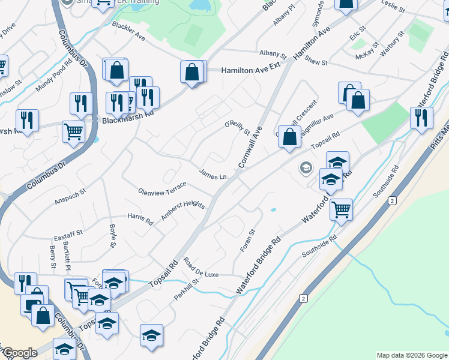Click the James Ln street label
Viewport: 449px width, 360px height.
213,176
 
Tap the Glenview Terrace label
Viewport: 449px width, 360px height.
158,191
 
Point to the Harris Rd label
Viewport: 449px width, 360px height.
140,218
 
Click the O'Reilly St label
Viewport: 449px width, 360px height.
237,127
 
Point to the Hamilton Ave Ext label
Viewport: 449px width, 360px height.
251,70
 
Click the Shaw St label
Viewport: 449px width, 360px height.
316,62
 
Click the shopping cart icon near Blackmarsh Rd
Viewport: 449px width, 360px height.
73,130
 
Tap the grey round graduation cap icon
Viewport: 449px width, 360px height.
306,167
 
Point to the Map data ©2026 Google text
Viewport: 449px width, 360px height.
412,355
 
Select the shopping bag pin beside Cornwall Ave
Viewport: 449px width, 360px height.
289,136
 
